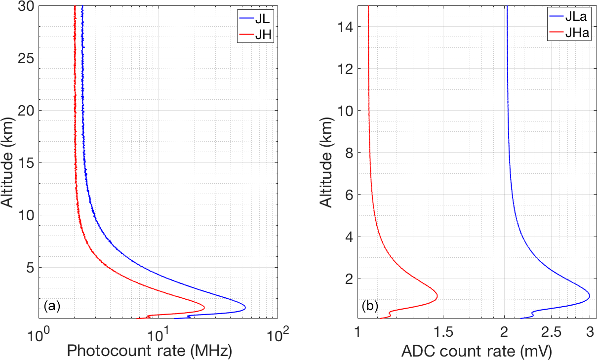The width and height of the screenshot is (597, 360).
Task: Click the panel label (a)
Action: pos(52,306)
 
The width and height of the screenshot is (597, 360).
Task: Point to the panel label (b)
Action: pos(370,306)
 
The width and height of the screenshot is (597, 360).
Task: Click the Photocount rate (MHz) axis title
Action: pos(149,351)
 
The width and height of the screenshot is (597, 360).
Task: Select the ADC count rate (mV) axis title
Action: pos(476,351)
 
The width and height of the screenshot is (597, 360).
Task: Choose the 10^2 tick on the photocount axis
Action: pos(278,334)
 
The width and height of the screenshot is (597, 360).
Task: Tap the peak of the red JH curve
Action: pos(204,308)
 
